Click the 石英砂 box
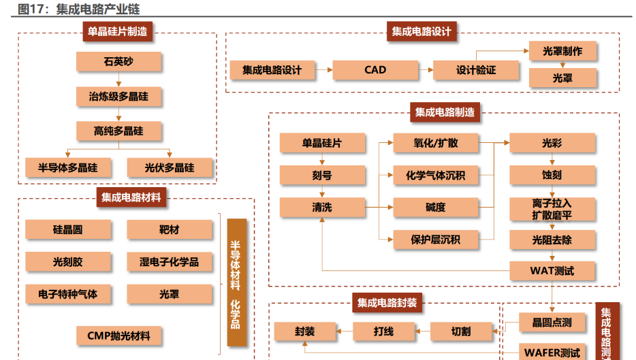pos(118,62)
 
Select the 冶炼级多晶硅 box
pos(118,97)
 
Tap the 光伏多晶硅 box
pos(170,167)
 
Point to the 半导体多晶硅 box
pos(67,167)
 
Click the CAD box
pos(375,69)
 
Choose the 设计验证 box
pos(476,69)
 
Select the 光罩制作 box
pos(562,51)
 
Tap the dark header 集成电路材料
pos(131,198)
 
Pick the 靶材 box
pos(170,230)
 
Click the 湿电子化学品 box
pos(170,262)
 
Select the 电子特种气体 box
pos(67,294)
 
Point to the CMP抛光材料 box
pos(118,336)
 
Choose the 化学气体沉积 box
pos(435,176)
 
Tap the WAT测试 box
pos(552,271)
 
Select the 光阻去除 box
pos(552,240)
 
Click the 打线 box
pos(383,331)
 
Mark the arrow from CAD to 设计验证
pos(424,69)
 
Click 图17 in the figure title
pos(31,9)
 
